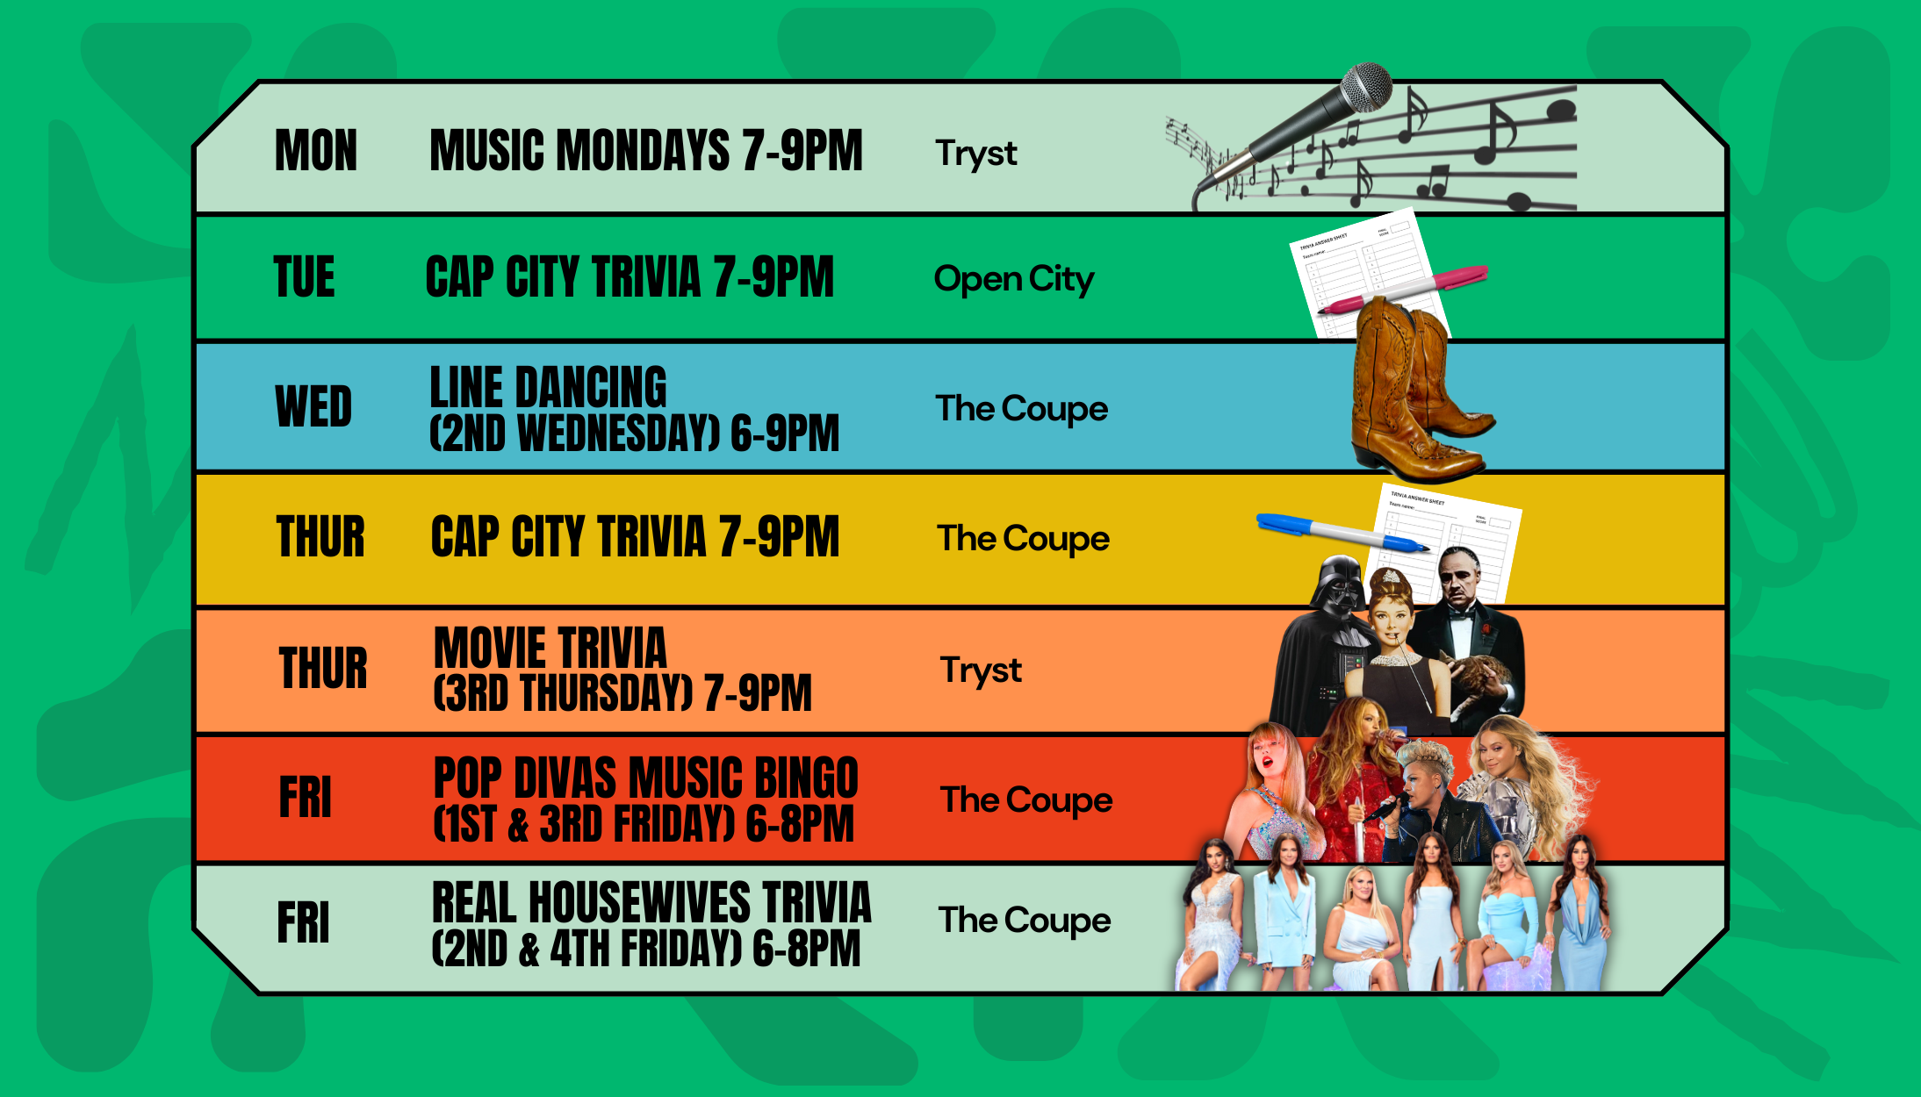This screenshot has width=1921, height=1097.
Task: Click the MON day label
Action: click(316, 150)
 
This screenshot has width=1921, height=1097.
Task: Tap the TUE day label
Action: click(304, 277)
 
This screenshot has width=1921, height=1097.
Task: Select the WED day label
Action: click(313, 406)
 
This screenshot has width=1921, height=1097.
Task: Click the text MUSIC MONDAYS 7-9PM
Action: click(646, 150)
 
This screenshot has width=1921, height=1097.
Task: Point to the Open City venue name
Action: click(1013, 279)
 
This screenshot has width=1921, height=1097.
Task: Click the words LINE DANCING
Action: click(548, 387)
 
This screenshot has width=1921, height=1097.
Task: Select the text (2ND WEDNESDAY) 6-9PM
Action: click(634, 434)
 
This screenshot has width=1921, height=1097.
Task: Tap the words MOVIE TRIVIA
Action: click(550, 648)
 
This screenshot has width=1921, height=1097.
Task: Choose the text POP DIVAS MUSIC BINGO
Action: click(645, 778)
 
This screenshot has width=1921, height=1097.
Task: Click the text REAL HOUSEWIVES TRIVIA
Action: click(651, 903)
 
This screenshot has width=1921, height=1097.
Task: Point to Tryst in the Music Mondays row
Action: click(975, 153)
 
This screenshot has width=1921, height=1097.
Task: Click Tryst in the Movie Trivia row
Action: click(981, 670)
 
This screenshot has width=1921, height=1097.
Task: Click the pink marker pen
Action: click(1405, 290)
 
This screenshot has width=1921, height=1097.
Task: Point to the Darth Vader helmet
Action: click(1339, 584)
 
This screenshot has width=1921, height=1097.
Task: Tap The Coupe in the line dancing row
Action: click(1021, 409)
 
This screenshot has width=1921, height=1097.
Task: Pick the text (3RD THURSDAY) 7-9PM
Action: click(622, 693)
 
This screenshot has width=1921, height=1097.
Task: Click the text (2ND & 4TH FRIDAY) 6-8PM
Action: click(645, 949)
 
